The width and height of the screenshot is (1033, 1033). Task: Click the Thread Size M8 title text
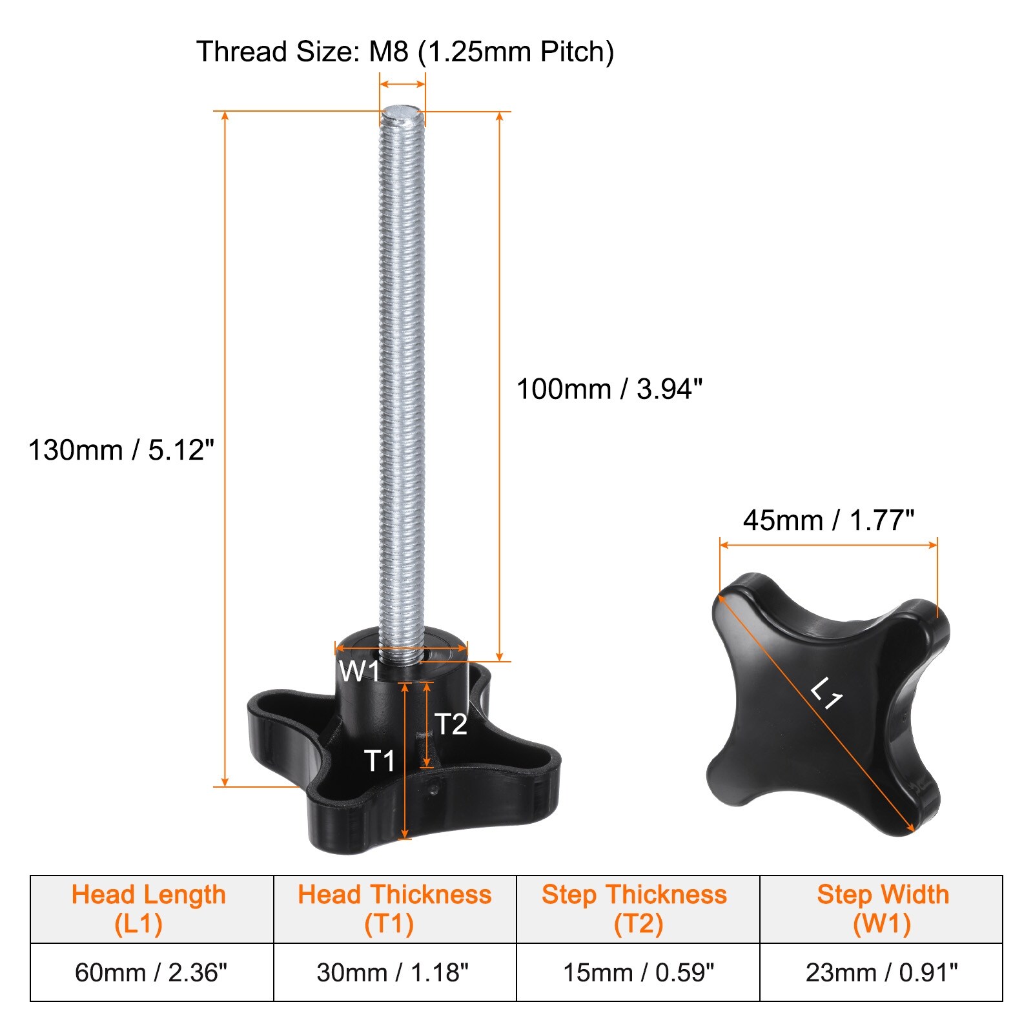[x=405, y=52]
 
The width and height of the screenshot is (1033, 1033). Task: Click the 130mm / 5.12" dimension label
[x=121, y=450]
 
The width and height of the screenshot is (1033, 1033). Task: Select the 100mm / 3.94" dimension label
[x=609, y=389]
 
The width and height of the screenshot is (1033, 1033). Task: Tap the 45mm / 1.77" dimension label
[x=828, y=520]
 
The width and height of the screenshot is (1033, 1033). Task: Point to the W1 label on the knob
[x=359, y=671]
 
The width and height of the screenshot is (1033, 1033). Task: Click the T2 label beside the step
[x=451, y=724]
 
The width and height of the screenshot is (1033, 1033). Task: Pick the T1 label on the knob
[x=379, y=761]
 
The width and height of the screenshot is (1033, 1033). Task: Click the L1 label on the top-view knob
[x=826, y=693]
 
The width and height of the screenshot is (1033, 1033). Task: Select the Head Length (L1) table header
[x=148, y=909]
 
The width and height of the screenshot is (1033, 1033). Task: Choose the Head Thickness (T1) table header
[x=394, y=909]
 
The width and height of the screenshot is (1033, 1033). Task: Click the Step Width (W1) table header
[x=883, y=909]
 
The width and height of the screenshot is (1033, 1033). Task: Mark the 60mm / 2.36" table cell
[x=151, y=972]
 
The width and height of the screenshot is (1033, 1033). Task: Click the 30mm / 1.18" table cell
[x=393, y=972]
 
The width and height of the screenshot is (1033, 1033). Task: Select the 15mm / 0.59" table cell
[x=639, y=972]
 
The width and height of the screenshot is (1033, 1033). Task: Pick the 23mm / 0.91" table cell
[x=881, y=972]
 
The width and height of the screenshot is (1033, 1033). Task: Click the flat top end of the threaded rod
[x=402, y=112]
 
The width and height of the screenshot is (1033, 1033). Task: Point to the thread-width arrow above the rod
[x=402, y=83]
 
